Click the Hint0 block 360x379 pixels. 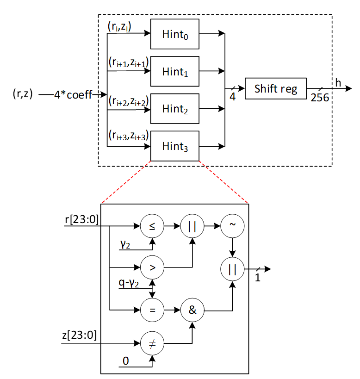click(x=175, y=34)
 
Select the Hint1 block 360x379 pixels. click(x=175, y=71)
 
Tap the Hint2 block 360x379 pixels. click(x=175, y=109)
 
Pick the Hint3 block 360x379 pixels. click(x=175, y=146)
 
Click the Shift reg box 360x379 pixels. click(x=276, y=88)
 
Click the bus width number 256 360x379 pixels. click(x=320, y=98)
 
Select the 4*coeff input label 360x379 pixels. click(x=73, y=94)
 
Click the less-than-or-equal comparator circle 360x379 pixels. click(x=152, y=227)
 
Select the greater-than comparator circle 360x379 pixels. click(x=152, y=267)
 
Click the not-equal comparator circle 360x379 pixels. click(x=152, y=344)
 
